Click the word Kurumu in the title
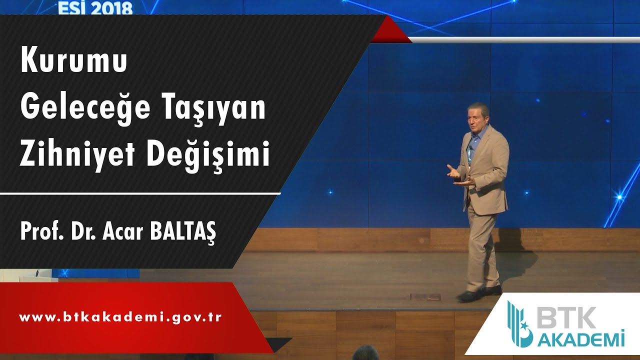pyautogui.click(x=74, y=62)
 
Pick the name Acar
pyautogui.click(x=121, y=232)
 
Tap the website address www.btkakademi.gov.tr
pyautogui.click(x=120, y=317)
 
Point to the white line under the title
pyautogui.click(x=140, y=193)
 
